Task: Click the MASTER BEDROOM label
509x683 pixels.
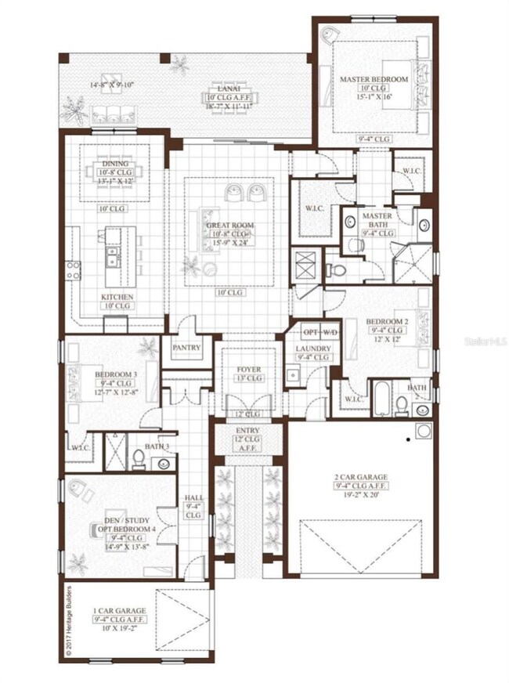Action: point(374,80)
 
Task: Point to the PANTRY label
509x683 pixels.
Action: point(186,347)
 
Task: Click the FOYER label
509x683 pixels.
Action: point(249,369)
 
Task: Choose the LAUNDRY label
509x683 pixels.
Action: point(312,349)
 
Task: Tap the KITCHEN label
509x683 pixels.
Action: point(117,298)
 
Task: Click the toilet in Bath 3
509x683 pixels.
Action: point(138,457)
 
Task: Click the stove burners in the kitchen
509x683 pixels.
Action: point(73,270)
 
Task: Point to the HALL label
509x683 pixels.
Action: point(193,498)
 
